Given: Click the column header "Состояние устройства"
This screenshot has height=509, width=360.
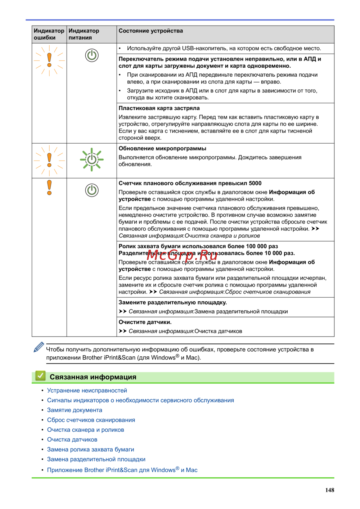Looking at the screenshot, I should coord(151,31).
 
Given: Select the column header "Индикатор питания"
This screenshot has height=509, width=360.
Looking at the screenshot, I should coord(84,34).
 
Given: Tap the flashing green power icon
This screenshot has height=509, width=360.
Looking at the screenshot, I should coord(92,159).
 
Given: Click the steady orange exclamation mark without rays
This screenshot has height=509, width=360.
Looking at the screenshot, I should coord(49,188).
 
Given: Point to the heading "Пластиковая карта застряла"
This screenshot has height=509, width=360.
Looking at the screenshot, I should coord(159,108).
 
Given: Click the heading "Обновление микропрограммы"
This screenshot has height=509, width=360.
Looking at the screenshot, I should coord(162,149).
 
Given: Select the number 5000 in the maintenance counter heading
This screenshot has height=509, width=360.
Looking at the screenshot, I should coord(255,183).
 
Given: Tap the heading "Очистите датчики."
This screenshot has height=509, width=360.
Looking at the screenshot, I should coord(145,322).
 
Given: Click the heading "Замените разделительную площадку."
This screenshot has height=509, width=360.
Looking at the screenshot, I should coord(173,303).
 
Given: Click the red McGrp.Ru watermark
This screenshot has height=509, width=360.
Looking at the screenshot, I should coord(182,255).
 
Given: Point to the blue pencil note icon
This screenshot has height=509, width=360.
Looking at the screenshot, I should coord(39,347).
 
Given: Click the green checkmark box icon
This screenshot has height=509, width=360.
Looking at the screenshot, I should coord(40,376).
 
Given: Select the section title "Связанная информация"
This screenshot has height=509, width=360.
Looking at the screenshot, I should coord(93,377).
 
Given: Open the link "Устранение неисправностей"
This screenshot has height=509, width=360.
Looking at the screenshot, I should coord(87,391).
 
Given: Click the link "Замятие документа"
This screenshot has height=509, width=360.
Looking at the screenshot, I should coord(75,410).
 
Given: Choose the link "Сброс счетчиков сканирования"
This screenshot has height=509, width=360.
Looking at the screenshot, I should coord(91,420).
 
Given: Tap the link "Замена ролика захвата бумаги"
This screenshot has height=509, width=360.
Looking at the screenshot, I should coord(90,450).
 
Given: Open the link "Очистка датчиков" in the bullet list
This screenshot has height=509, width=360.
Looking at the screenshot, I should coord(72,440).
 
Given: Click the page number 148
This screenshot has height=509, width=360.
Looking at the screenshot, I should coord(330,490).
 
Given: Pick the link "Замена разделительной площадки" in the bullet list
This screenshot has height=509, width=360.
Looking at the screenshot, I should coord(96,459).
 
